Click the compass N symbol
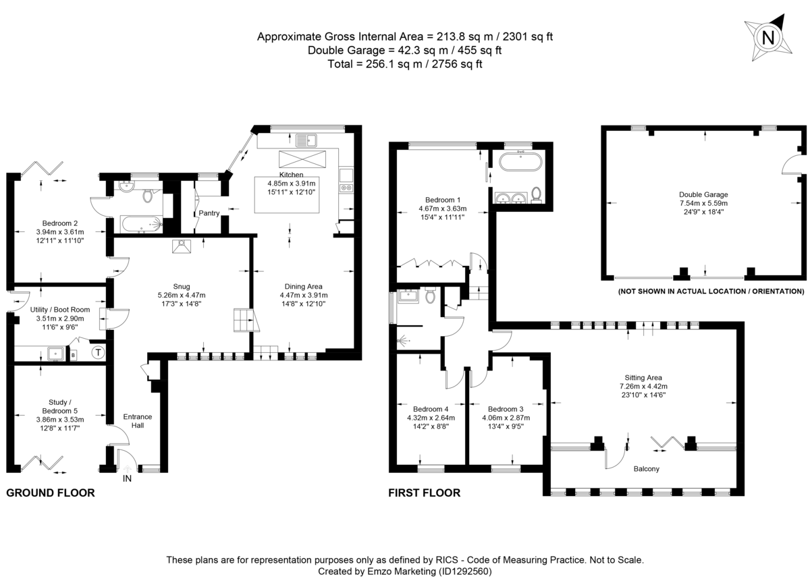[767, 38]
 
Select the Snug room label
[180, 285]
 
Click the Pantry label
[209, 213]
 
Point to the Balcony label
[646, 468]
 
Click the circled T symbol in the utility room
[98, 352]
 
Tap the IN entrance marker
[127, 480]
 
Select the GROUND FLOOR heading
[51, 493]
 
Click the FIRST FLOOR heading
[424, 493]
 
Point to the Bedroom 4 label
[431, 409]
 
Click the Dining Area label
[303, 285]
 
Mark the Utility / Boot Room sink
[55, 353]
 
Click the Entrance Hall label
[138, 421]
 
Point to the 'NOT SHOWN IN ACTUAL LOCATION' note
[711, 291]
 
